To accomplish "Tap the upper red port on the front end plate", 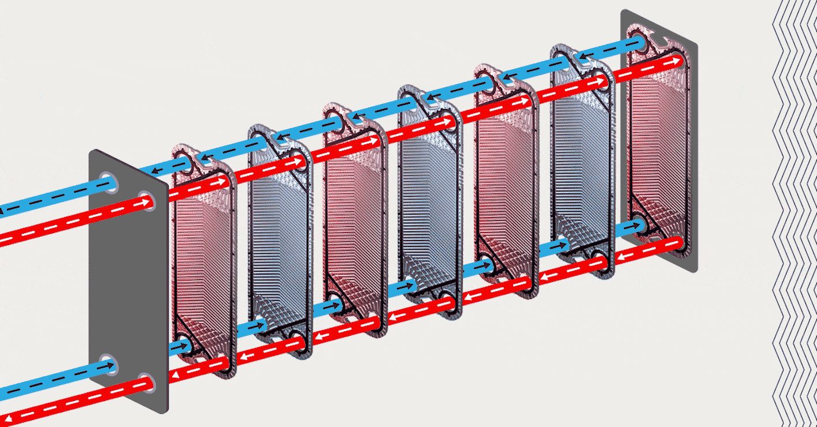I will click(x=146, y=201).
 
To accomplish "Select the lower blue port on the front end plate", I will click(x=108, y=365).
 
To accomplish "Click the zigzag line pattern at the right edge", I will click(x=794, y=213).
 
